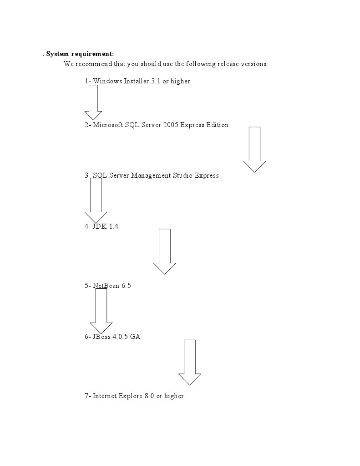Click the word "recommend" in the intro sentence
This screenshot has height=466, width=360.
point(91,64)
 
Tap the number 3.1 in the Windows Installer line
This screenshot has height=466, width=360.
point(156,81)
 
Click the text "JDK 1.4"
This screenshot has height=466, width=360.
point(105,226)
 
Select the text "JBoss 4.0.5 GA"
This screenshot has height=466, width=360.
point(113,337)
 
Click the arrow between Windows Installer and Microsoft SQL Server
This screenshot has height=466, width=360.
point(93,102)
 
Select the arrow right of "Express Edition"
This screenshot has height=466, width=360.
point(254,149)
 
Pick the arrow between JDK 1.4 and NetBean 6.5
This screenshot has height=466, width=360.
point(164,251)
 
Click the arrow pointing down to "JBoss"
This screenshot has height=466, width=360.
point(101,311)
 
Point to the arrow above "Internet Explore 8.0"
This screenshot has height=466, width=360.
point(190,362)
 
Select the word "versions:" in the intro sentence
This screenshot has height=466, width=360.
point(254,64)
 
